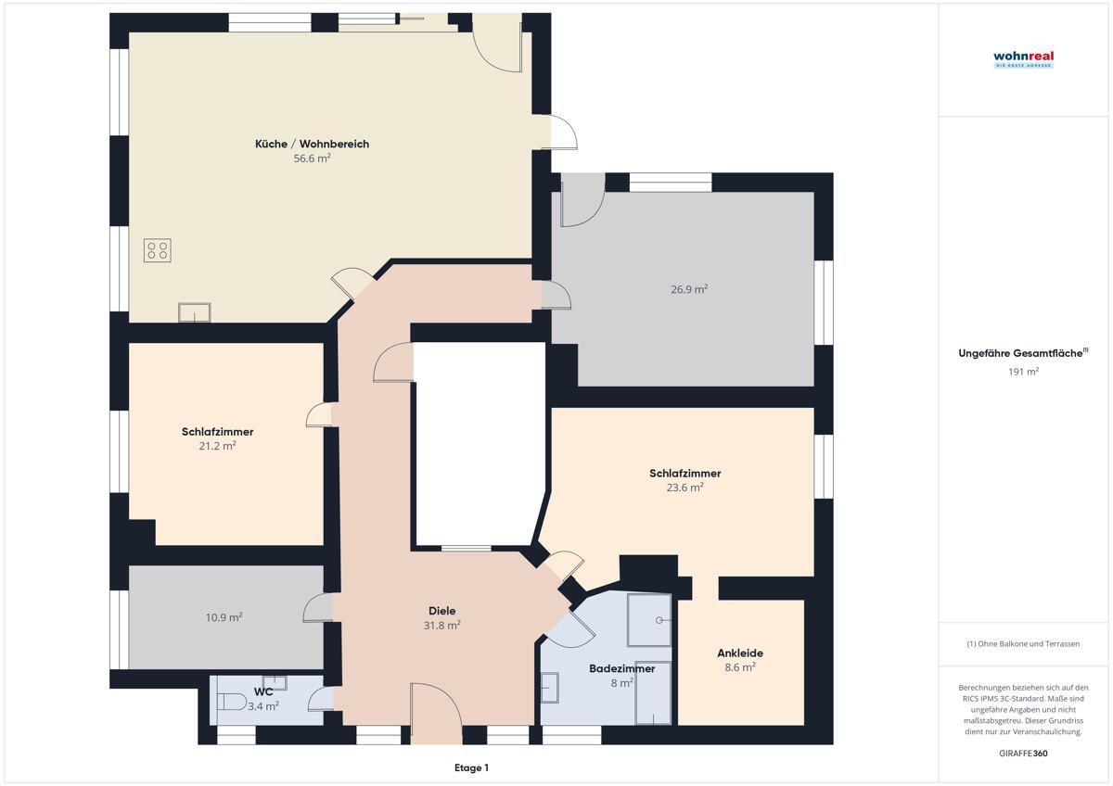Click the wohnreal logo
point(1023,59)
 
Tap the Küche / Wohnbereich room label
point(312,144)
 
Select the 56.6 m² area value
point(312,158)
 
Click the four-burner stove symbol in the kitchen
point(158,250)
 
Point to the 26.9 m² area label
point(689,289)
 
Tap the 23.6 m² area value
point(685,488)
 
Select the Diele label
point(442,611)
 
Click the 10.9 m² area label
point(224,617)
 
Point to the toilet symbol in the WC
point(232,702)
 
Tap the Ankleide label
point(740,653)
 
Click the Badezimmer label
point(622,669)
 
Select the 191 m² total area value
point(1024,372)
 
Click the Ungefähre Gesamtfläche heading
point(1023,353)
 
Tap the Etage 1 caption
point(471,768)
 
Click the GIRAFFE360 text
point(1024,754)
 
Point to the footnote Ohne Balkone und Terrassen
point(1023,644)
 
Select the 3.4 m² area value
point(263,706)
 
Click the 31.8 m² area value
point(442,626)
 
